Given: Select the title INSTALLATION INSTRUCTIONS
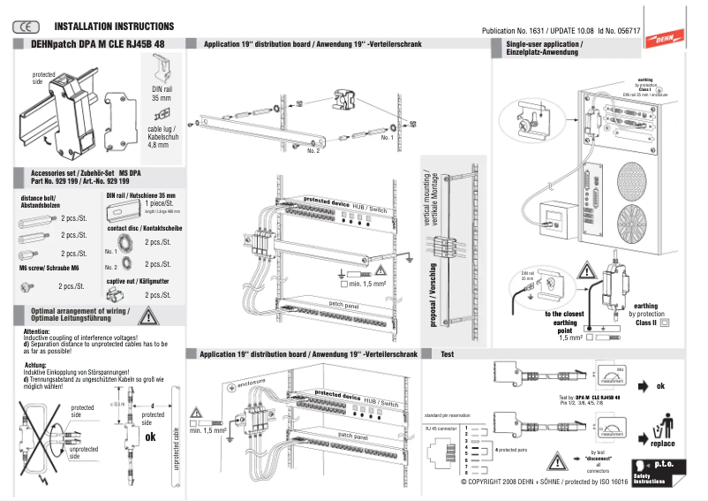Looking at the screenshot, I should click(114, 27).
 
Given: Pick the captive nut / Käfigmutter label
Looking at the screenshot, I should click(139, 280).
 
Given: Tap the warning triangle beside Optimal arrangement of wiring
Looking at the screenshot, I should click(150, 315).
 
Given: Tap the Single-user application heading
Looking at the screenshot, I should click(543, 48).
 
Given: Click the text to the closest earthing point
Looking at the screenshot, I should click(565, 319).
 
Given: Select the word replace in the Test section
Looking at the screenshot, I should click(663, 444).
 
